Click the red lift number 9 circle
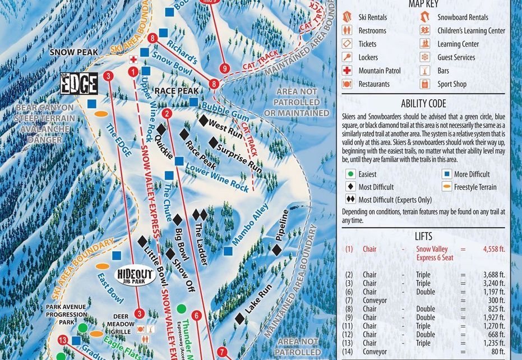point(225,68)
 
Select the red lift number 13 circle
point(62,340)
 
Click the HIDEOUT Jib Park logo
point(135,276)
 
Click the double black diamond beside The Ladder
point(200,215)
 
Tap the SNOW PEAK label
point(73,52)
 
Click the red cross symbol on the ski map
point(133,59)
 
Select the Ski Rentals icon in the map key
point(348,17)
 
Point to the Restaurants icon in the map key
point(348,84)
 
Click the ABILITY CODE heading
point(423,104)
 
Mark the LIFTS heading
point(423,237)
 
